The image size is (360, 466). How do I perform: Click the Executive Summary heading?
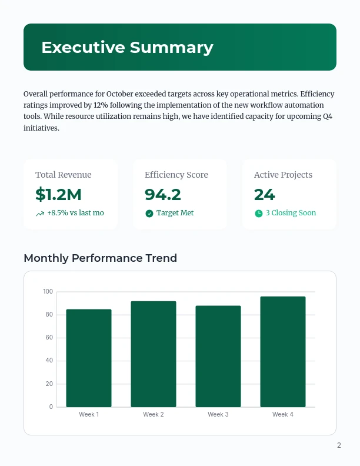point(127,48)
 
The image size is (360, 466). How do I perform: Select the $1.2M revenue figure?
point(58,194)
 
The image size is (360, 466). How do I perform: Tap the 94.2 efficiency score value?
point(163,194)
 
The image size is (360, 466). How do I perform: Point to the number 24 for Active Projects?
point(265,194)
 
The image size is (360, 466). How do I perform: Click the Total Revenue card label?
point(64,175)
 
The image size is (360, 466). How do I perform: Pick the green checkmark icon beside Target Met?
point(149,213)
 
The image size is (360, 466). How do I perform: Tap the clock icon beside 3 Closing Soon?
point(259,213)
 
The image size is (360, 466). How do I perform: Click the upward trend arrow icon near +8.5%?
point(40,214)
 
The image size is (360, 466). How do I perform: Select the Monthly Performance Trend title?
point(100,258)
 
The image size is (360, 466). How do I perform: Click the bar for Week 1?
point(89,358)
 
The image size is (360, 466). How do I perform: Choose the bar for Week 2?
point(154,354)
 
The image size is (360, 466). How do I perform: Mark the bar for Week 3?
point(218,356)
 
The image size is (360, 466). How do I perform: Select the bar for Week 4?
point(283,351)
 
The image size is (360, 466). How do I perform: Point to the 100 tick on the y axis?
point(48,292)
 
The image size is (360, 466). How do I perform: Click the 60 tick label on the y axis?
point(49,338)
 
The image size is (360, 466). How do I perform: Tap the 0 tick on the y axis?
point(51,407)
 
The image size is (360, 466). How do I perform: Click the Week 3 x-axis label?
point(218,415)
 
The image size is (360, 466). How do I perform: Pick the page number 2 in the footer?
point(339,445)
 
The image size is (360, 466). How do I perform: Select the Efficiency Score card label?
point(176,175)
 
